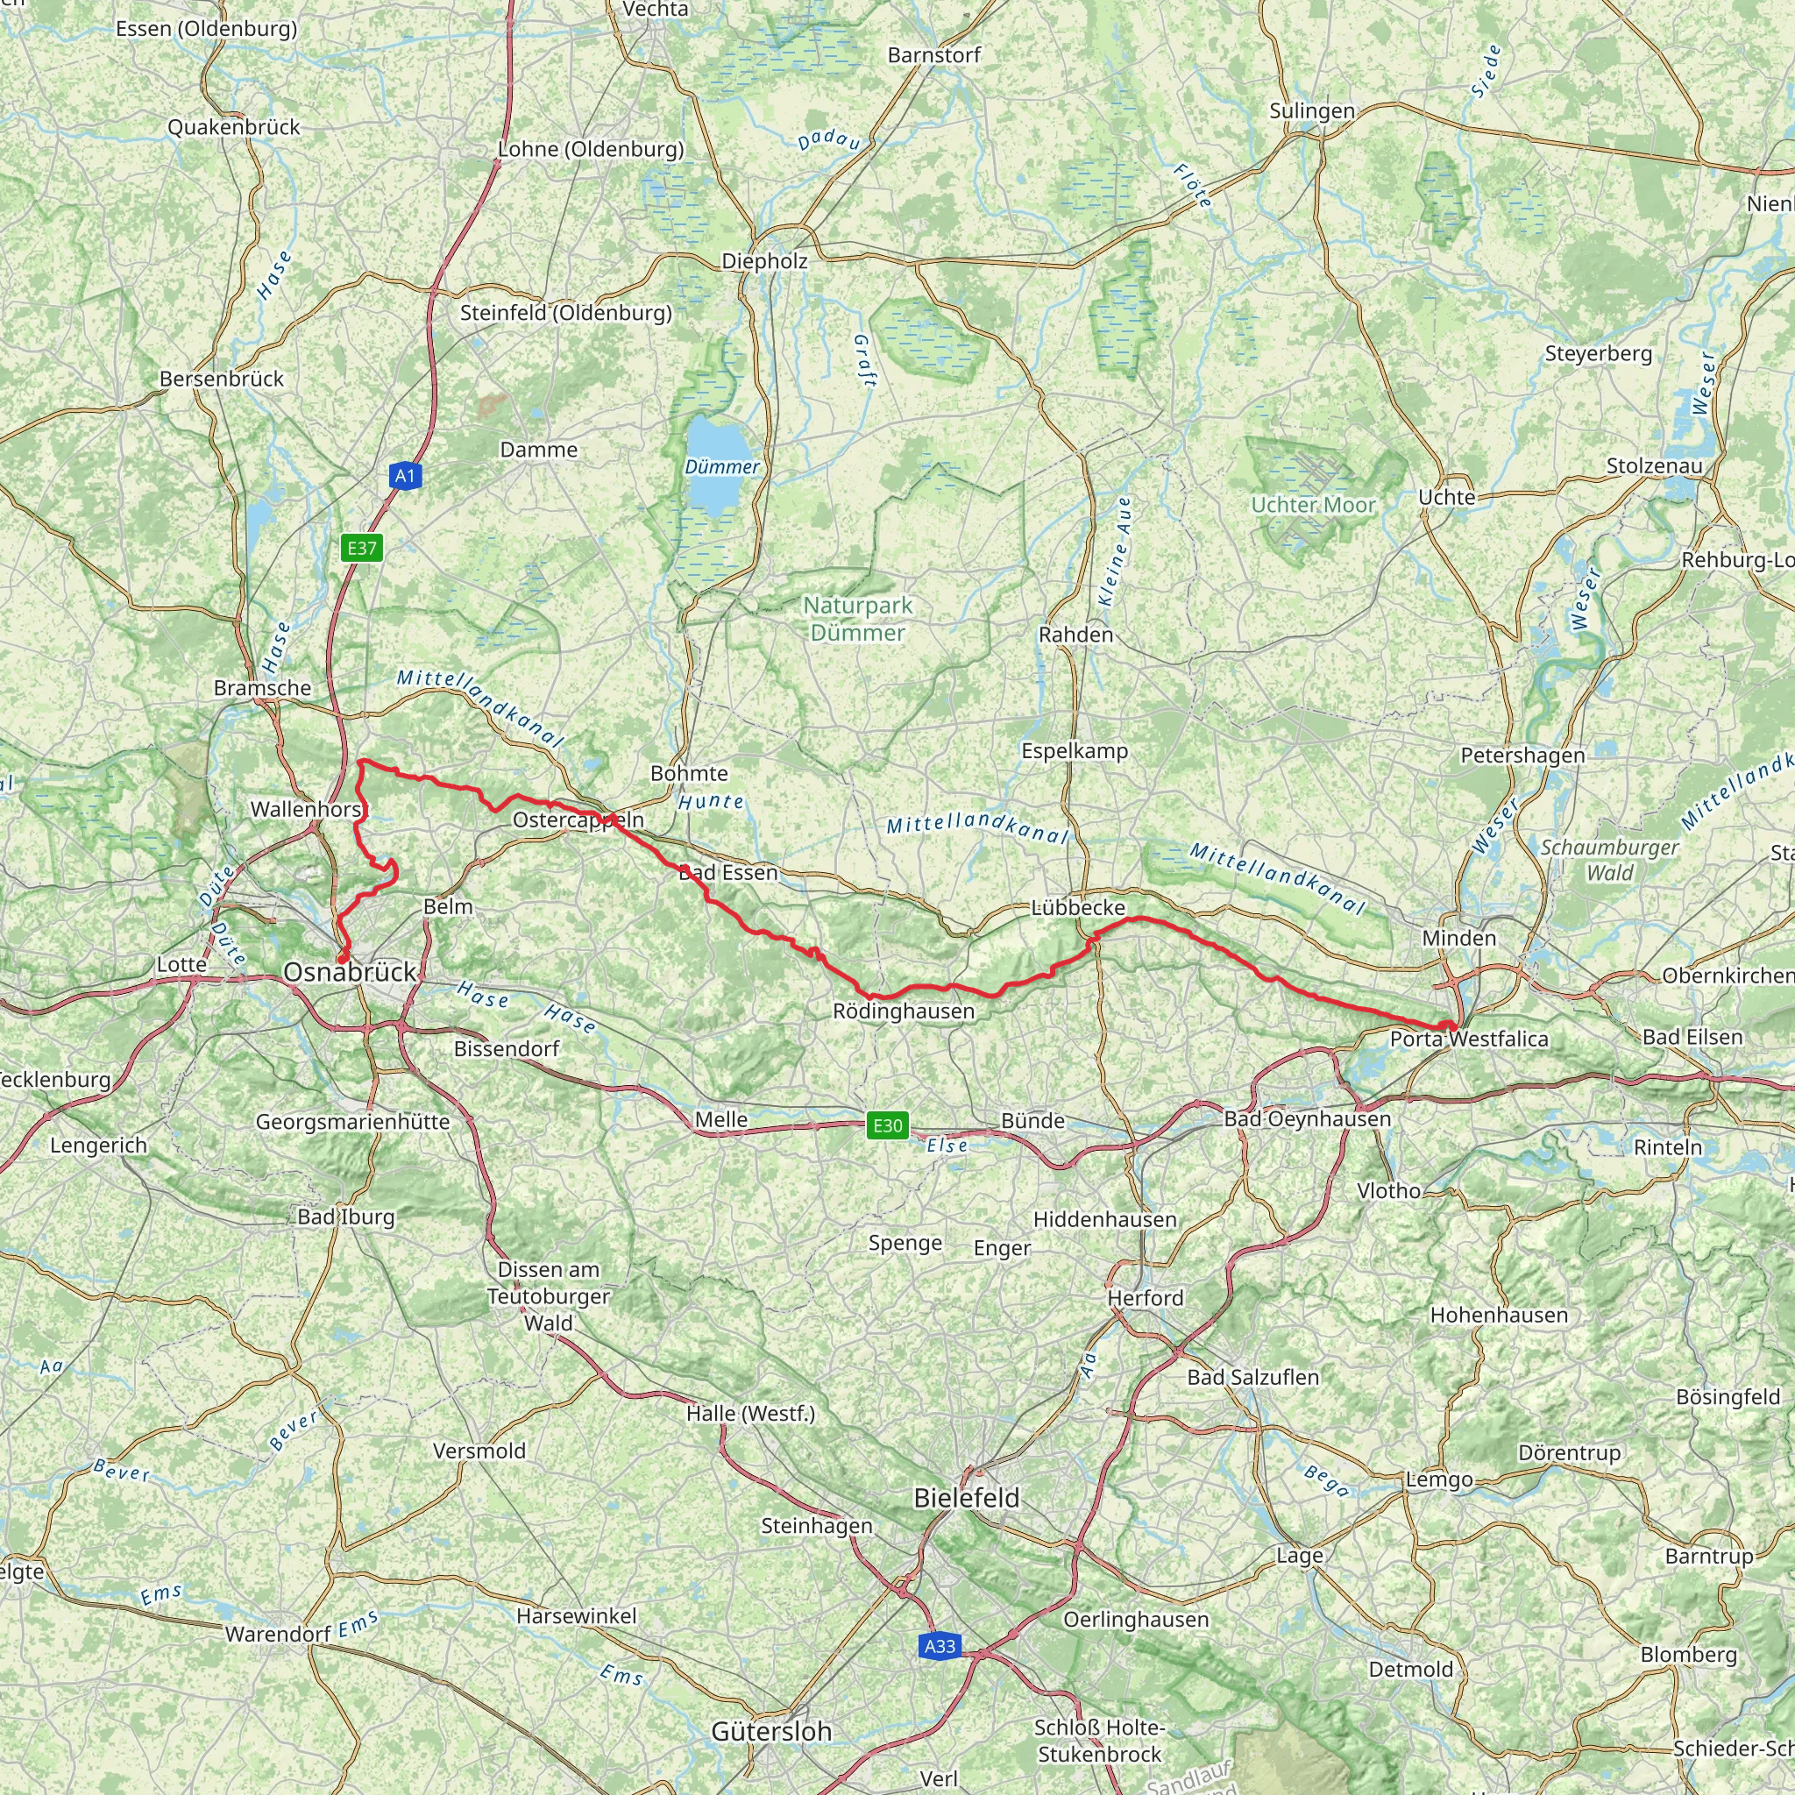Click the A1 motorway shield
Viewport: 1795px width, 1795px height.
pos(405,477)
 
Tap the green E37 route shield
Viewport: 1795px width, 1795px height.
pos(361,547)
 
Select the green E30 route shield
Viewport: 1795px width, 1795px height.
pos(886,1125)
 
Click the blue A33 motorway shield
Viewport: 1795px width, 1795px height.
pos(940,1646)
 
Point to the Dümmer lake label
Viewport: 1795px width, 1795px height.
pos(722,466)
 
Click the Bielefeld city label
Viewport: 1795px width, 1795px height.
pos(966,1497)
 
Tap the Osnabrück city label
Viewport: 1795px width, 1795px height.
pos(351,972)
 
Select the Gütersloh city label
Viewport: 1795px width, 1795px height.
pos(771,1731)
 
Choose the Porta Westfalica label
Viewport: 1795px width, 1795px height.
pos(1469,1039)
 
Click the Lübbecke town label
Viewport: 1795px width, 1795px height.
pos(1078,907)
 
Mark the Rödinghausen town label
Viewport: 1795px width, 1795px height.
pos(903,1011)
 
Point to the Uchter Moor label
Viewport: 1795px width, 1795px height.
pos(1313,505)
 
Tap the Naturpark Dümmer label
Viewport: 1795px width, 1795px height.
pos(857,619)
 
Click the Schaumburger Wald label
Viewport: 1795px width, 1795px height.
pos(1609,860)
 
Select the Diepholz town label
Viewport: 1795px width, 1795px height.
pos(764,261)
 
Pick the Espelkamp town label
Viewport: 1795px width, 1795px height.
pos(1074,751)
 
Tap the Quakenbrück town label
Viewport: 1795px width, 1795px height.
pos(233,127)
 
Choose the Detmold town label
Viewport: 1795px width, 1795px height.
pos(1410,1669)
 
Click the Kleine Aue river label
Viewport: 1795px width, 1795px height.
pos(1115,551)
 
